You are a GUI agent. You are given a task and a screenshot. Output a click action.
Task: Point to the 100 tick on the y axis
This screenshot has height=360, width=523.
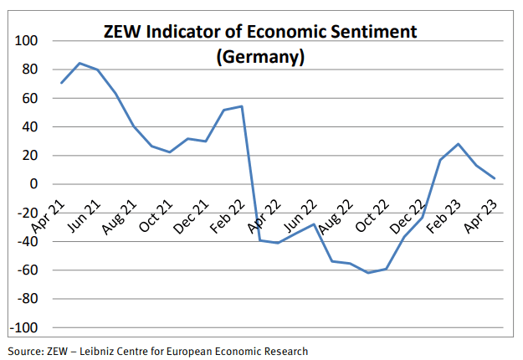pos(28,41)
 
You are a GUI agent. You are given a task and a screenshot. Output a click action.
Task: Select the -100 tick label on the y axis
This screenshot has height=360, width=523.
pos(24,327)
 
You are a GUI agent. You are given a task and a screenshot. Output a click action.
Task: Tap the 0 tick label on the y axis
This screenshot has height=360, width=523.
pos(35,184)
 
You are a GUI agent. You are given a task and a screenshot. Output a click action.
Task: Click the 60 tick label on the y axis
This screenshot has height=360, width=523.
pos(30,98)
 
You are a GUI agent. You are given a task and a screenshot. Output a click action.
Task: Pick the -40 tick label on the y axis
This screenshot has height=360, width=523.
pos(27,242)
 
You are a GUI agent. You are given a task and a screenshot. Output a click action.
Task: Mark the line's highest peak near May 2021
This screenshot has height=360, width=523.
pos(79,63)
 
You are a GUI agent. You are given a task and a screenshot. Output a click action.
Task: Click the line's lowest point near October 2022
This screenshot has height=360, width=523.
pos(367,273)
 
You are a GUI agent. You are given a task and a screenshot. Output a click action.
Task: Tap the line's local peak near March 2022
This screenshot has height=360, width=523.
pos(241,106)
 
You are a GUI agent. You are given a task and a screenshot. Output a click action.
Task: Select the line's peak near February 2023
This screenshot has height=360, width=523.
pos(459,144)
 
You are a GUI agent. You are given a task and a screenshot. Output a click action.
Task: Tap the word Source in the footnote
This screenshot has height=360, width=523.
pos(25,352)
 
